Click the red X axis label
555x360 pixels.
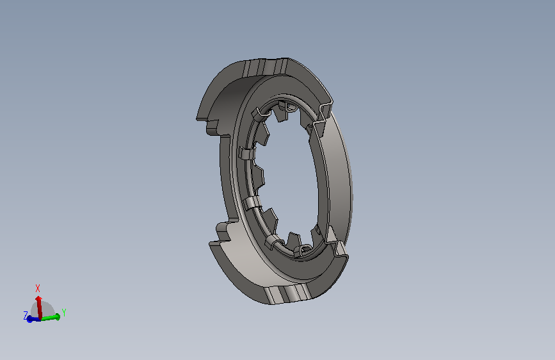pyautogui.click(x=38, y=288)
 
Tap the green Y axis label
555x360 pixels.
pyautogui.click(x=64, y=313)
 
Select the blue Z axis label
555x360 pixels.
pyautogui.click(x=26, y=315)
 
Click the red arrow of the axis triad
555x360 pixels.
pyautogui.click(x=39, y=307)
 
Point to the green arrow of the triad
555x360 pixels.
pyautogui.click(x=51, y=317)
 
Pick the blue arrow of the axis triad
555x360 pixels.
pyautogui.click(x=33, y=319)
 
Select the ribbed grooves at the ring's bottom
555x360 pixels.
pyautogui.click(x=287, y=294)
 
